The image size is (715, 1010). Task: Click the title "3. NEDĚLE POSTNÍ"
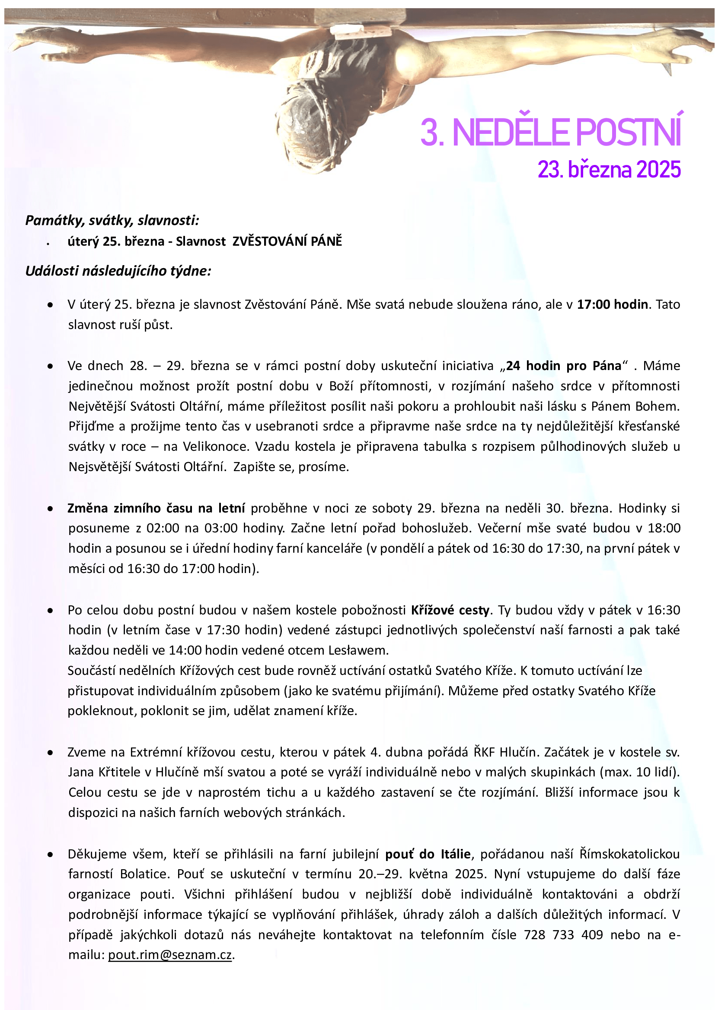click(x=550, y=132)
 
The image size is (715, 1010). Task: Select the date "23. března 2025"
click(x=609, y=170)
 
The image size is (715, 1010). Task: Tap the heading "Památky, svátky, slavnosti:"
click(x=112, y=220)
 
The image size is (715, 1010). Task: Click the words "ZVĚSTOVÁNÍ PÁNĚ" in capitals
click(x=287, y=241)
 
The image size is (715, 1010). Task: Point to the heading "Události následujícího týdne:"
click(x=118, y=271)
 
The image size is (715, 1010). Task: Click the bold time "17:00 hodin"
click(x=613, y=304)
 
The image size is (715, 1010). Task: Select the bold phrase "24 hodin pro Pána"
click(x=563, y=366)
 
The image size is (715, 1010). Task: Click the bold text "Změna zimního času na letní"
click(x=156, y=508)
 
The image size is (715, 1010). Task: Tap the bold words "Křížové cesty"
click(x=450, y=610)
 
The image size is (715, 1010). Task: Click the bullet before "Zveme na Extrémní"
click(x=51, y=753)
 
